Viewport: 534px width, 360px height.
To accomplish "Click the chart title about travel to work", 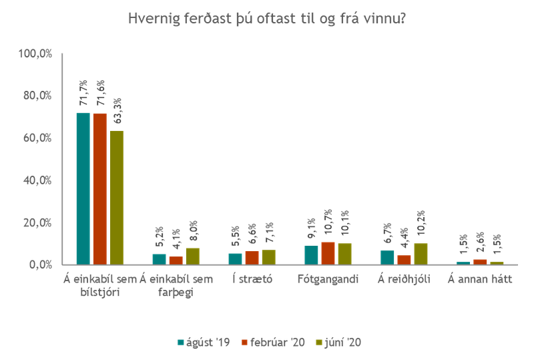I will tap(268, 20).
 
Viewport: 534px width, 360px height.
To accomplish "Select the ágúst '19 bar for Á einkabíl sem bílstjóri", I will tap(83, 188).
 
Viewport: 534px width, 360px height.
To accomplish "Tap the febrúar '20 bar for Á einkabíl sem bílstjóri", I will tap(100, 188).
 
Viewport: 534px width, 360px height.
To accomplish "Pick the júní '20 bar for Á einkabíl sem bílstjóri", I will tap(117, 196).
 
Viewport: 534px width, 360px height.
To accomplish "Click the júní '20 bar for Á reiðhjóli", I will tap(421, 253).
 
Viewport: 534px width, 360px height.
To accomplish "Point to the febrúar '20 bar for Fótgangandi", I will tap(328, 252).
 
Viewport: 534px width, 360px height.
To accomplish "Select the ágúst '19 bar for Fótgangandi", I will tap(312, 254).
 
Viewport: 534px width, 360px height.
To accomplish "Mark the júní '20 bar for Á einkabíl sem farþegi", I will tap(192, 255).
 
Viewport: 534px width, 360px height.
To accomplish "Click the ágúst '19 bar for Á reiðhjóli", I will tap(387, 256).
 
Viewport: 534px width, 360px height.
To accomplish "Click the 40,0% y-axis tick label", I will tap(39, 180).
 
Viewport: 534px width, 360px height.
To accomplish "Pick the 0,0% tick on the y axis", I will tap(41, 264).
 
